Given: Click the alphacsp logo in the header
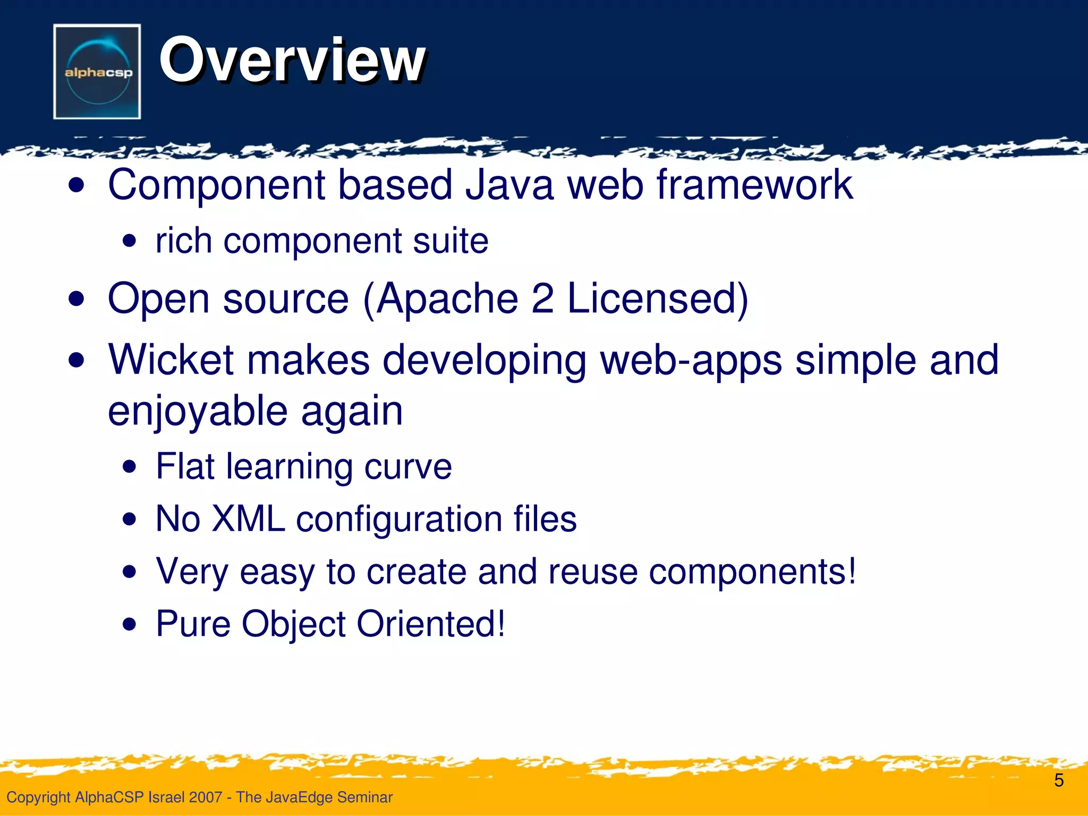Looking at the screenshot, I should (x=97, y=72).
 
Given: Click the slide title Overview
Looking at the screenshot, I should (x=292, y=59).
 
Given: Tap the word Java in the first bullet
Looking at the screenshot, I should (x=509, y=185).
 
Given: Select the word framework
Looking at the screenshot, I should (x=754, y=185).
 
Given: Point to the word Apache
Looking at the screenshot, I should (x=447, y=299).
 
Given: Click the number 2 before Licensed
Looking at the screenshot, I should (x=542, y=299).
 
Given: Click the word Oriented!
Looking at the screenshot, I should (x=431, y=624).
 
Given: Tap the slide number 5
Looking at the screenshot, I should (x=1059, y=780).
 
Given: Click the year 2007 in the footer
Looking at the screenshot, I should (x=206, y=797).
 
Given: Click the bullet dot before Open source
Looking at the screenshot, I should (x=77, y=300).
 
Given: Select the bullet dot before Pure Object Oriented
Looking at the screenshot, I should (x=129, y=625).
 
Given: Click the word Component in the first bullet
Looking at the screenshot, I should (x=216, y=186).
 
